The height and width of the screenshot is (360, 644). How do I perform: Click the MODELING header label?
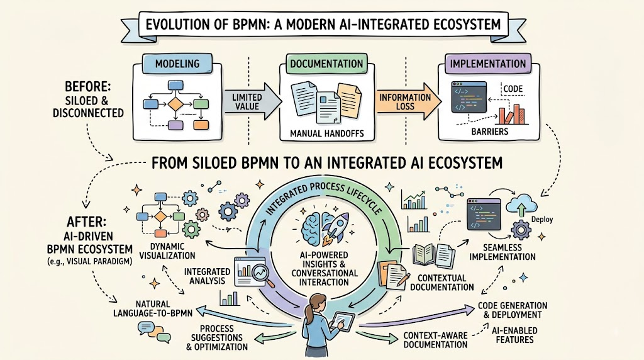pyautogui.click(x=177, y=64)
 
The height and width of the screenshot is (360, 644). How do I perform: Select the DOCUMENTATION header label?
pyautogui.click(x=326, y=64)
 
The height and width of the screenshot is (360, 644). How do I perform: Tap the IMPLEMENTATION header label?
pyautogui.click(x=488, y=64)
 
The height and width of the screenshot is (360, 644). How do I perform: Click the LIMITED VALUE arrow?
pyautogui.click(x=252, y=101)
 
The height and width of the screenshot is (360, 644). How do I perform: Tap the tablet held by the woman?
pyautogui.click(x=342, y=321)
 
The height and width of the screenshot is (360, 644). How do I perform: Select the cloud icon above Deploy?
pyautogui.click(x=521, y=205)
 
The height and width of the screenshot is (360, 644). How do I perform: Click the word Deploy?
pyautogui.click(x=541, y=220)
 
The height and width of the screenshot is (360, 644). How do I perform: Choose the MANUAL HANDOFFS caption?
pyautogui.click(x=327, y=133)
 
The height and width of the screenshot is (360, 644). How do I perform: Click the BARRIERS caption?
pyautogui.click(x=489, y=132)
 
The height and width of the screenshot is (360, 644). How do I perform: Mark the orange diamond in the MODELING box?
pyautogui.click(x=175, y=104)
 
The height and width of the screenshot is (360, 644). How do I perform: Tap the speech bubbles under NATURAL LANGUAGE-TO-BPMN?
pyautogui.click(x=154, y=332)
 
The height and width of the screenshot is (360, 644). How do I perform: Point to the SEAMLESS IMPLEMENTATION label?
pyautogui.click(x=502, y=252)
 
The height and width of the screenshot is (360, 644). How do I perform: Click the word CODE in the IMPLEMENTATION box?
pyautogui.click(x=513, y=89)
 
